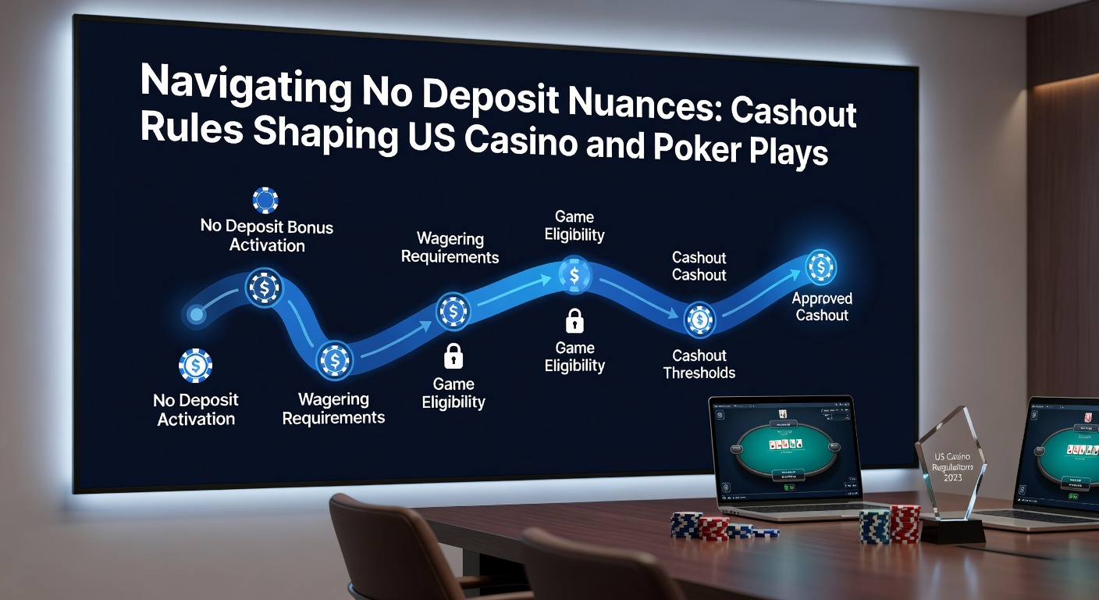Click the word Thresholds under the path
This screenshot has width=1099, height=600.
(699, 373)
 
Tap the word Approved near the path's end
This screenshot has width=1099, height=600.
(821, 298)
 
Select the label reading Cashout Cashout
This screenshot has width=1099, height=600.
(699, 266)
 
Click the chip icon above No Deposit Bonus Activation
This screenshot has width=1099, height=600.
(265, 200)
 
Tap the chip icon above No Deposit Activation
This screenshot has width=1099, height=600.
(195, 366)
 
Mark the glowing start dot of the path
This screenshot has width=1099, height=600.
(196, 315)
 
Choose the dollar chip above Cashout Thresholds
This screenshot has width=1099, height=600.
(699, 320)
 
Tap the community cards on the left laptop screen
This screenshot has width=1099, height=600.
(785, 444)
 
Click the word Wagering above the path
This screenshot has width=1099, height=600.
(450, 238)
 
